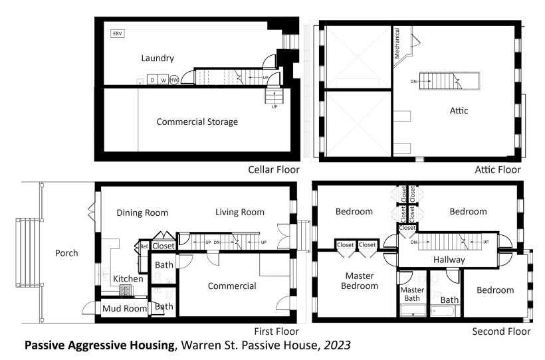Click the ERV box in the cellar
(x=118, y=33)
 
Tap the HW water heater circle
(x=174, y=80)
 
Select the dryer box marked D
(x=152, y=80)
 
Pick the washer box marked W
(x=163, y=80)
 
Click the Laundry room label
(x=158, y=58)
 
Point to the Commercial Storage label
(x=197, y=122)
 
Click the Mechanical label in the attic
(x=397, y=43)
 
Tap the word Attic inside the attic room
(x=459, y=110)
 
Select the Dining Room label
(x=142, y=213)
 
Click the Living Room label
(x=240, y=212)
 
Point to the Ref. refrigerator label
(x=144, y=246)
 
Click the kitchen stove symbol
(x=126, y=290)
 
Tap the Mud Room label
(x=124, y=308)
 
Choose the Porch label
(x=66, y=253)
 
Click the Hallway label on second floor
(x=449, y=260)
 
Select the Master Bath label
(x=412, y=294)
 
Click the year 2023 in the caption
(x=337, y=345)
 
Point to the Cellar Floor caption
(x=274, y=169)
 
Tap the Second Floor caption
(x=501, y=331)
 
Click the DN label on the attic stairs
(x=413, y=82)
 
